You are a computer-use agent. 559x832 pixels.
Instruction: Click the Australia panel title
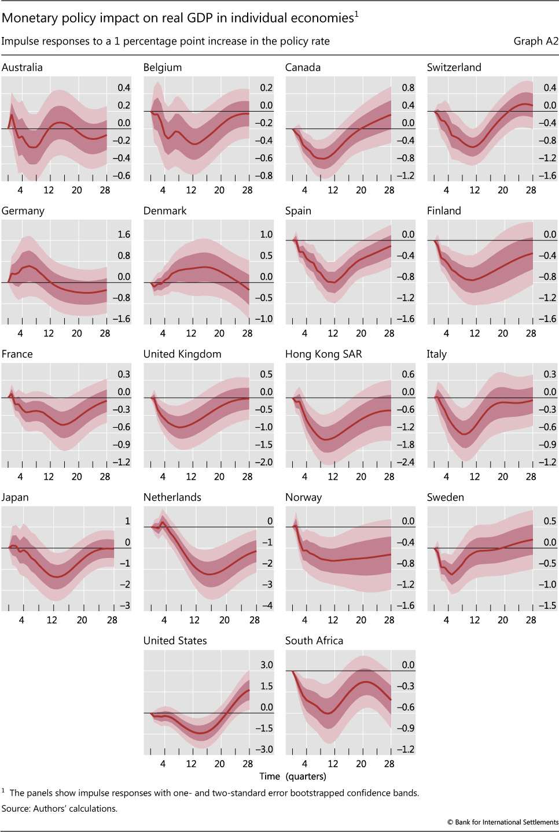tap(22, 67)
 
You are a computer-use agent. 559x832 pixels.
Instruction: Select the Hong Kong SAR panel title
tap(323, 354)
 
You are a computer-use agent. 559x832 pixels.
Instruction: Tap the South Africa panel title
tap(314, 641)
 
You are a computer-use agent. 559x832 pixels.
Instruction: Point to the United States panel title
tap(175, 641)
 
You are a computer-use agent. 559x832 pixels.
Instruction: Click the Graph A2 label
tap(536, 41)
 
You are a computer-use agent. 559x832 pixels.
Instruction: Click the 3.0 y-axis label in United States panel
tap(266, 665)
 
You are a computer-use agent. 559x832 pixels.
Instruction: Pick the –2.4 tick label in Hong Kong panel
tap(405, 462)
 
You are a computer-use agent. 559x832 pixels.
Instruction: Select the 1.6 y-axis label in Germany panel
tap(124, 234)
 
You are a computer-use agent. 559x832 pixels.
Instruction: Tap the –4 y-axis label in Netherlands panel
tap(267, 605)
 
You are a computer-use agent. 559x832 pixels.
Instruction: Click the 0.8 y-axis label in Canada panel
tap(408, 88)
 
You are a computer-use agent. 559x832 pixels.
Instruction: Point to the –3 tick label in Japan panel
tap(125, 605)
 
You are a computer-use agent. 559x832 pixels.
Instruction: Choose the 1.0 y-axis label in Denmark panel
tap(266, 234)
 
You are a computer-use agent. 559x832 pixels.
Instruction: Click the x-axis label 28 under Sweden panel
tap(531, 620)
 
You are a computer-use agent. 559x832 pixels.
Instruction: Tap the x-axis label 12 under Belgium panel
tap(191, 190)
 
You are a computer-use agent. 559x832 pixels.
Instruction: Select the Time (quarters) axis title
tap(293, 776)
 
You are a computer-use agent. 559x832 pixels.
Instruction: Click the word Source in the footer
tap(16, 808)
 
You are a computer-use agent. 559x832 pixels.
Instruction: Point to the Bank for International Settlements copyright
tap(502, 822)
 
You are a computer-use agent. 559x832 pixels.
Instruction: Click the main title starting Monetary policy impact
tap(180, 18)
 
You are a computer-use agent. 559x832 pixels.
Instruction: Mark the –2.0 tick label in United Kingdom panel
tap(263, 462)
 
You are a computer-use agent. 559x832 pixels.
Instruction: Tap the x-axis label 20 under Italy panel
tap(503, 476)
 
